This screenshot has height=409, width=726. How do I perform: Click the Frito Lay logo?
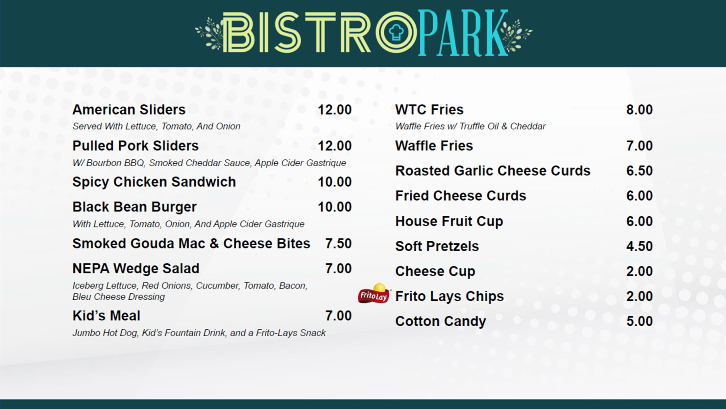(374, 294)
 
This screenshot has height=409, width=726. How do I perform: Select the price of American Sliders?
(334, 110)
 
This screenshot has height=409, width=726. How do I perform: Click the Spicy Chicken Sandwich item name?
(154, 182)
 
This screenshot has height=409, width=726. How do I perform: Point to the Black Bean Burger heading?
(134, 207)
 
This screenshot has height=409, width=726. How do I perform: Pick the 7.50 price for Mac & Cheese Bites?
(338, 243)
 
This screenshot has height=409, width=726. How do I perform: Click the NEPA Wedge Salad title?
(136, 268)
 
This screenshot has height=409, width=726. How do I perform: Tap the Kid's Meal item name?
(106, 315)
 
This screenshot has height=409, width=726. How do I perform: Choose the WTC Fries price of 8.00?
(639, 110)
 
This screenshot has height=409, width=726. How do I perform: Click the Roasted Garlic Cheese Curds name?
(493, 171)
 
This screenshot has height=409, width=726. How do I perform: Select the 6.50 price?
(639, 171)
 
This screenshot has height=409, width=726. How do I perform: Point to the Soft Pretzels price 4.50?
(639, 246)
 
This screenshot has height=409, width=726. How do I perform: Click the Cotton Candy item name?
(440, 321)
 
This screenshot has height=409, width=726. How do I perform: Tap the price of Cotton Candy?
(639, 321)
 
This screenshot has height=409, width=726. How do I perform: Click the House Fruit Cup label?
(449, 221)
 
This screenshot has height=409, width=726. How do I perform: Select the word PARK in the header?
(463, 33)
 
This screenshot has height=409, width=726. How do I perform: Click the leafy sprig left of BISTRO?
(209, 34)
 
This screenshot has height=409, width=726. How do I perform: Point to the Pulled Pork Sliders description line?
(209, 163)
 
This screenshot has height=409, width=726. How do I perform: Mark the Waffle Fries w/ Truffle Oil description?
(470, 126)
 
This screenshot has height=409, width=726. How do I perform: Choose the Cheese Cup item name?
(435, 271)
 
